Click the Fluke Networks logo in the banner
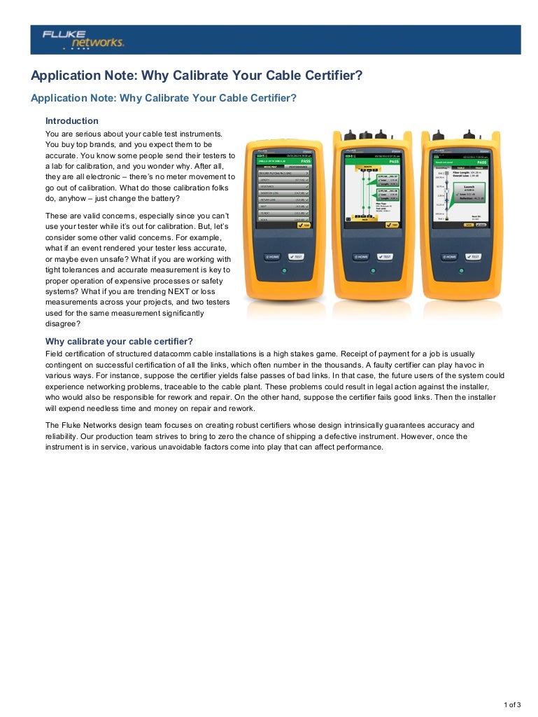click(83, 39)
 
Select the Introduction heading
click(72, 121)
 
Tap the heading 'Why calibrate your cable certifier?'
click(119, 342)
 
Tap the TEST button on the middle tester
click(385, 257)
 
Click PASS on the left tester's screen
click(304, 160)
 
